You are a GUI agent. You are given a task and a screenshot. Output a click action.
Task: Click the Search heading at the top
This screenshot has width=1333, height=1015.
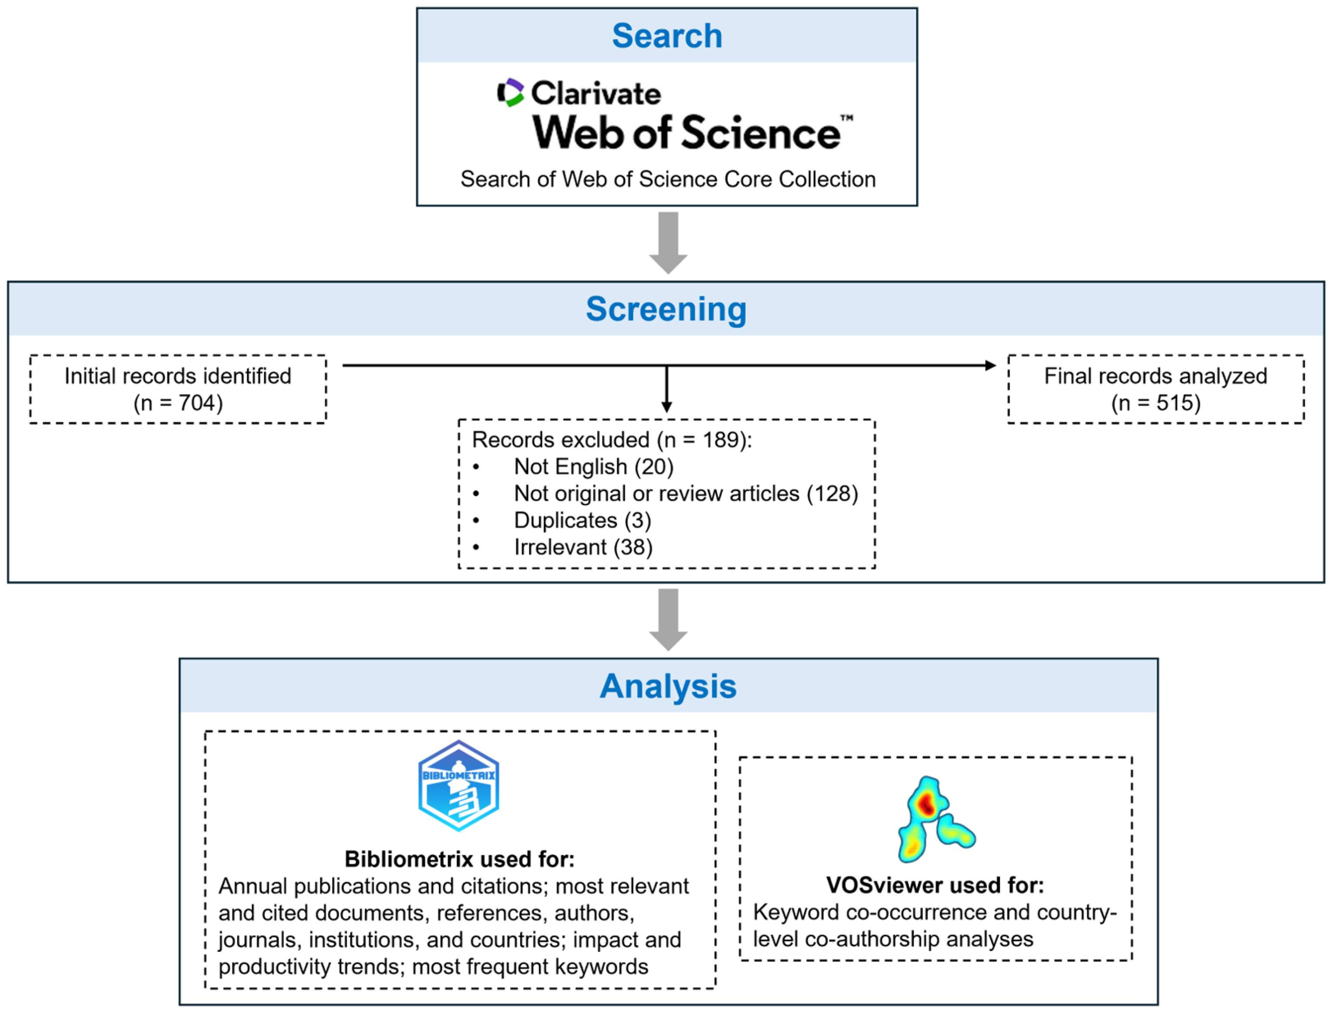[x=666, y=36]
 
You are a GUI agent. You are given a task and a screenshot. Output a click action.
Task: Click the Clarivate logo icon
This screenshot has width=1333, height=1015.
[x=510, y=92]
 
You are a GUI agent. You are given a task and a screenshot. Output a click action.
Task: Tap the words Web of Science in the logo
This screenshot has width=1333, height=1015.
[x=686, y=133]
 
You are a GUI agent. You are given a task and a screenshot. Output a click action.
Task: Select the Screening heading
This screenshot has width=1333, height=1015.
[x=666, y=309]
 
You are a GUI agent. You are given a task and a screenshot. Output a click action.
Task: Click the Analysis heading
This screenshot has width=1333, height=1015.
[x=668, y=686]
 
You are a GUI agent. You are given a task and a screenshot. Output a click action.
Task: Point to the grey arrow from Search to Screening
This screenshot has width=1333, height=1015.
[x=668, y=243]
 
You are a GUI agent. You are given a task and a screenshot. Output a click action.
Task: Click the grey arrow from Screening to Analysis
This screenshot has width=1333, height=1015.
[x=668, y=620]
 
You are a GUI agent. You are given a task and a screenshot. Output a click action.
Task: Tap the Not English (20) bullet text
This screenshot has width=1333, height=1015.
[x=593, y=467]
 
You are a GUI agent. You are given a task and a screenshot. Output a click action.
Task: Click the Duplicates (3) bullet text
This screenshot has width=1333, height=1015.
[x=582, y=521]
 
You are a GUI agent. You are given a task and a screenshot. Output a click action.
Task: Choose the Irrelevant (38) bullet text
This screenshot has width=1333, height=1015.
[x=583, y=547]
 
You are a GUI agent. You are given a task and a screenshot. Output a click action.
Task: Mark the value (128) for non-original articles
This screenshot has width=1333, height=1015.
[x=832, y=494]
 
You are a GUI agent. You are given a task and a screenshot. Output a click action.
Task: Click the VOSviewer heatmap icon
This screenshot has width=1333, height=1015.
[x=935, y=820]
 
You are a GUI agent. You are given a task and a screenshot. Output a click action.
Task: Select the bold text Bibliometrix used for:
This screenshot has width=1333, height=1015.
[x=459, y=859]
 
